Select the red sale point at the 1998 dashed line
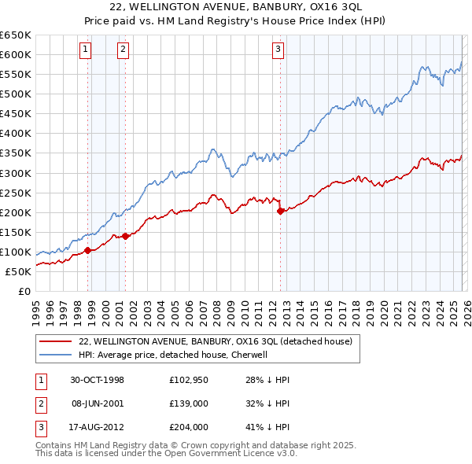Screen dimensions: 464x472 tap(88, 250)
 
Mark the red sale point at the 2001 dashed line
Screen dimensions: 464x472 tap(125, 236)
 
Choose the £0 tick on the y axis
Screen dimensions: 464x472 tap(24, 291)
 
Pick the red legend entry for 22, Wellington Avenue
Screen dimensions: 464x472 tap(220, 341)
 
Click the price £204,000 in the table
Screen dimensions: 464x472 tap(188, 428)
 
